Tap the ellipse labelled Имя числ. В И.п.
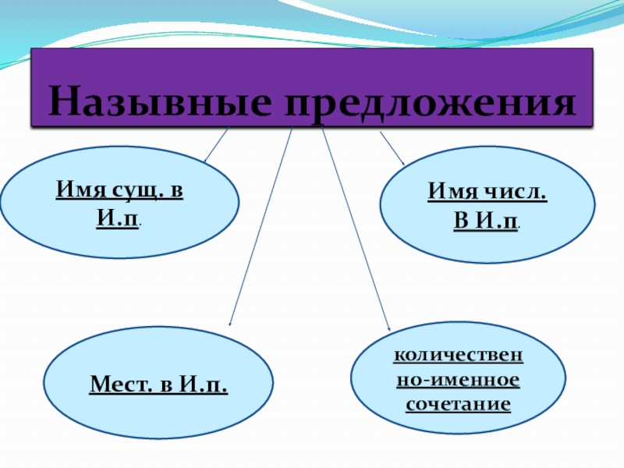point(487,205)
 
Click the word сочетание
point(458,405)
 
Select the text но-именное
point(458,380)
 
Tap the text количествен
point(458,356)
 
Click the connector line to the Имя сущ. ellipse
point(216,145)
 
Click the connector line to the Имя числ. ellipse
point(392,147)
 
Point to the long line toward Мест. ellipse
point(260,226)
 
